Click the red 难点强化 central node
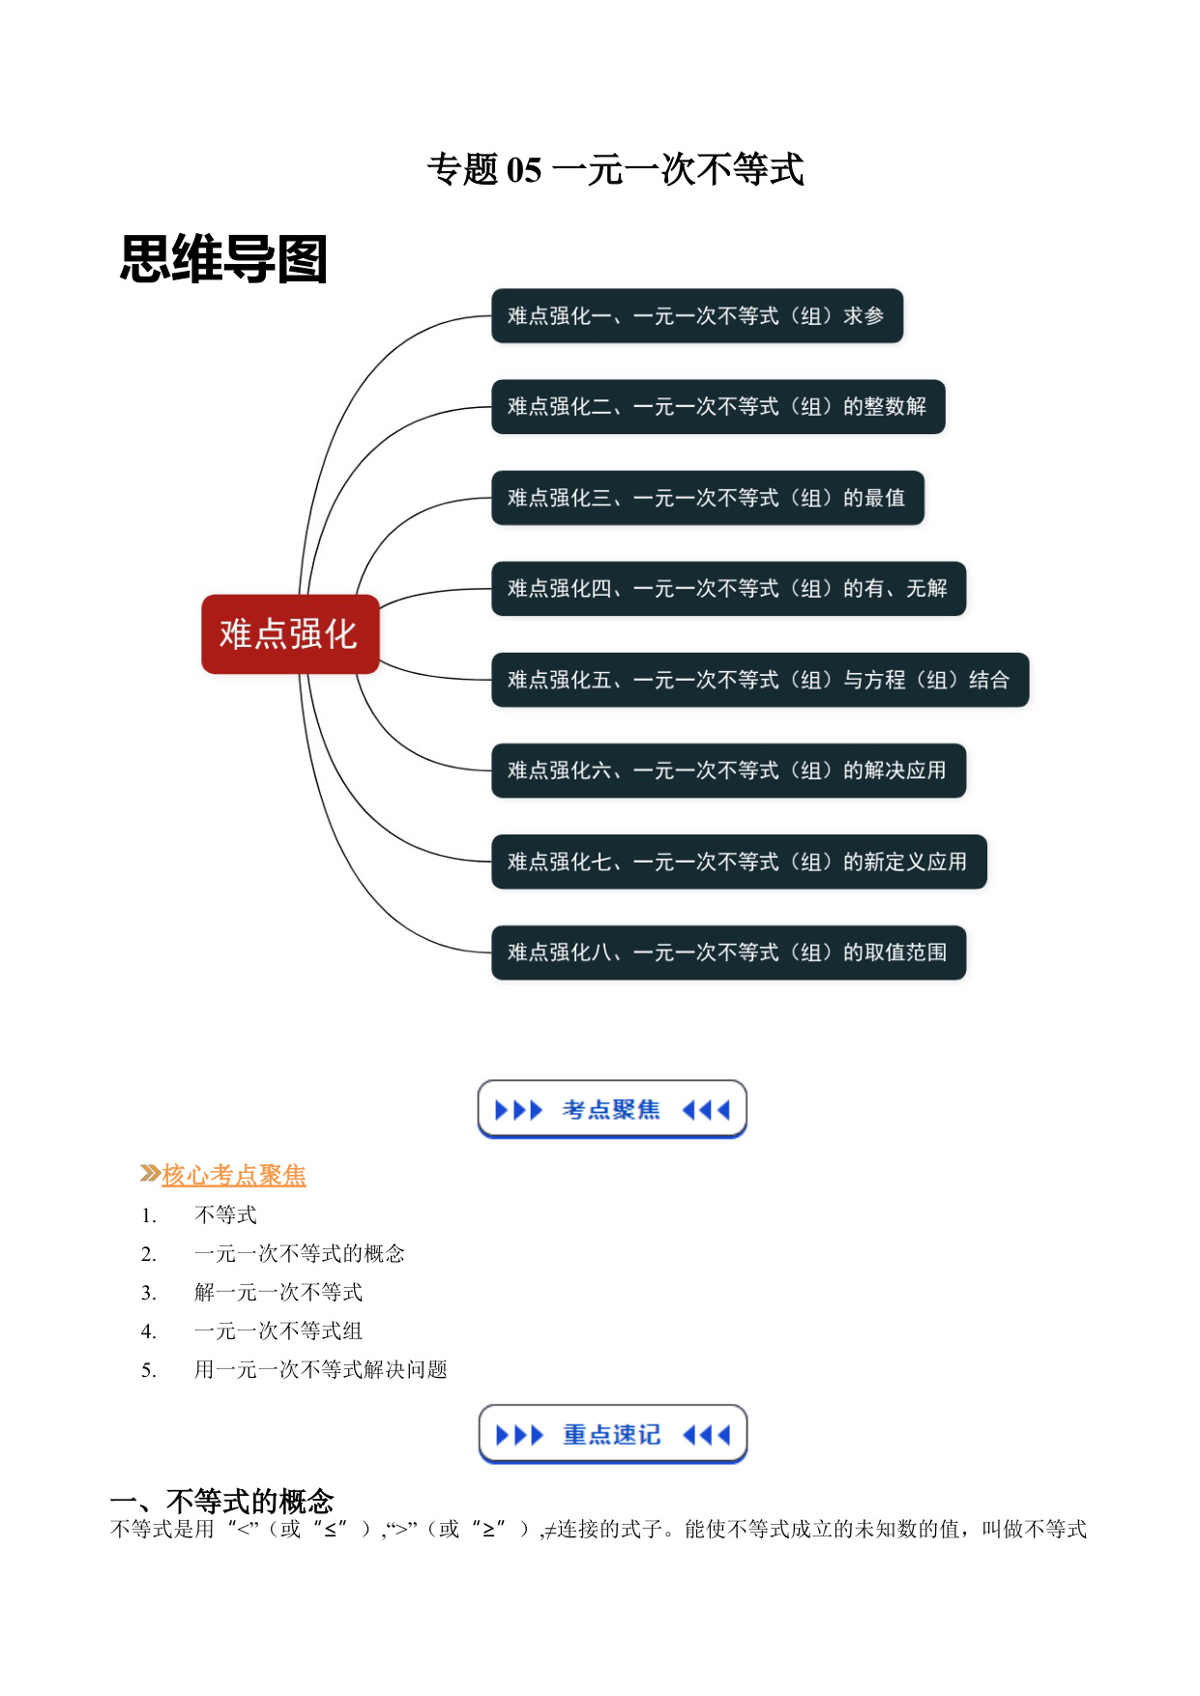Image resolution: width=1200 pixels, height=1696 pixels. tap(290, 634)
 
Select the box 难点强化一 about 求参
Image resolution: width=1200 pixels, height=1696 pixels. tap(697, 316)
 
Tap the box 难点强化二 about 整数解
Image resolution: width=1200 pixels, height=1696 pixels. tap(718, 407)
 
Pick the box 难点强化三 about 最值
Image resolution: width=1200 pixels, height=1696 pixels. tap(708, 498)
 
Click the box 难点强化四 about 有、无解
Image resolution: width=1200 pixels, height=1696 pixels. tap(729, 589)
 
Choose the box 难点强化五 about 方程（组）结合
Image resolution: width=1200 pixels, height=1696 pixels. tap(760, 680)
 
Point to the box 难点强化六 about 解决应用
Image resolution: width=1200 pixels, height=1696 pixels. tap(729, 771)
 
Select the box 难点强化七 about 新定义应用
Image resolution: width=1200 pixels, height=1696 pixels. tap(739, 862)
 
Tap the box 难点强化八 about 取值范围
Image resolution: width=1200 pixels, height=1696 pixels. tap(729, 952)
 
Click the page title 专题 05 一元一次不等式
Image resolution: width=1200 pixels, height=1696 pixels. tap(616, 169)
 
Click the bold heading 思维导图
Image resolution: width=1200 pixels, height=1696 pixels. tap(223, 259)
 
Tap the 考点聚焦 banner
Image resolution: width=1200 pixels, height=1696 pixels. tap(612, 1109)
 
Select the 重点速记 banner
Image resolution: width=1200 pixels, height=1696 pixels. tap(613, 1434)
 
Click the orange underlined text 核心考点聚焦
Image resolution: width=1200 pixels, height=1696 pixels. tap(234, 1175)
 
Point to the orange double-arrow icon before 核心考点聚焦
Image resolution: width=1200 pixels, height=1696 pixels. tap(150, 1174)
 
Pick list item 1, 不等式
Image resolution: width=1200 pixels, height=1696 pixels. tap(225, 1214)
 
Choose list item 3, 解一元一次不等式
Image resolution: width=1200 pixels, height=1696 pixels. tap(278, 1292)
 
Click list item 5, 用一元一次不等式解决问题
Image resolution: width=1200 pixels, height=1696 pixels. tap(321, 1369)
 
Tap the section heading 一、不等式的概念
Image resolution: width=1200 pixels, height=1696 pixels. tap(221, 1501)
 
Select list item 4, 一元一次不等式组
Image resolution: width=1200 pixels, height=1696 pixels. tap(278, 1330)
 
